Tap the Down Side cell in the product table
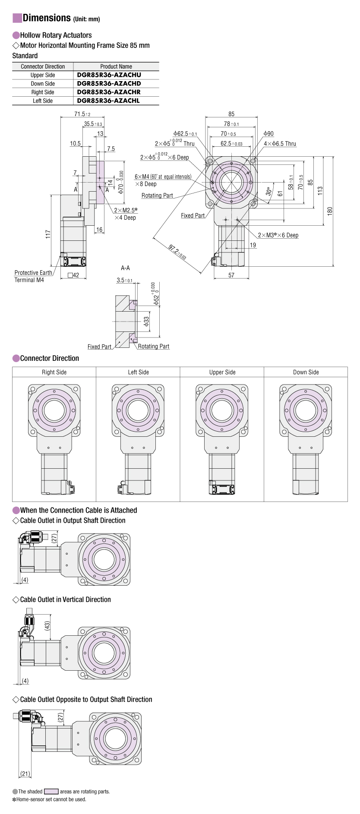[43, 83]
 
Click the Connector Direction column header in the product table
[43, 66]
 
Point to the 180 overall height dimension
[330, 211]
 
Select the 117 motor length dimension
[48, 234]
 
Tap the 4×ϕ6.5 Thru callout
[280, 144]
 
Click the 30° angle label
[269, 191]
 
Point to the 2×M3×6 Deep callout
[278, 235]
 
